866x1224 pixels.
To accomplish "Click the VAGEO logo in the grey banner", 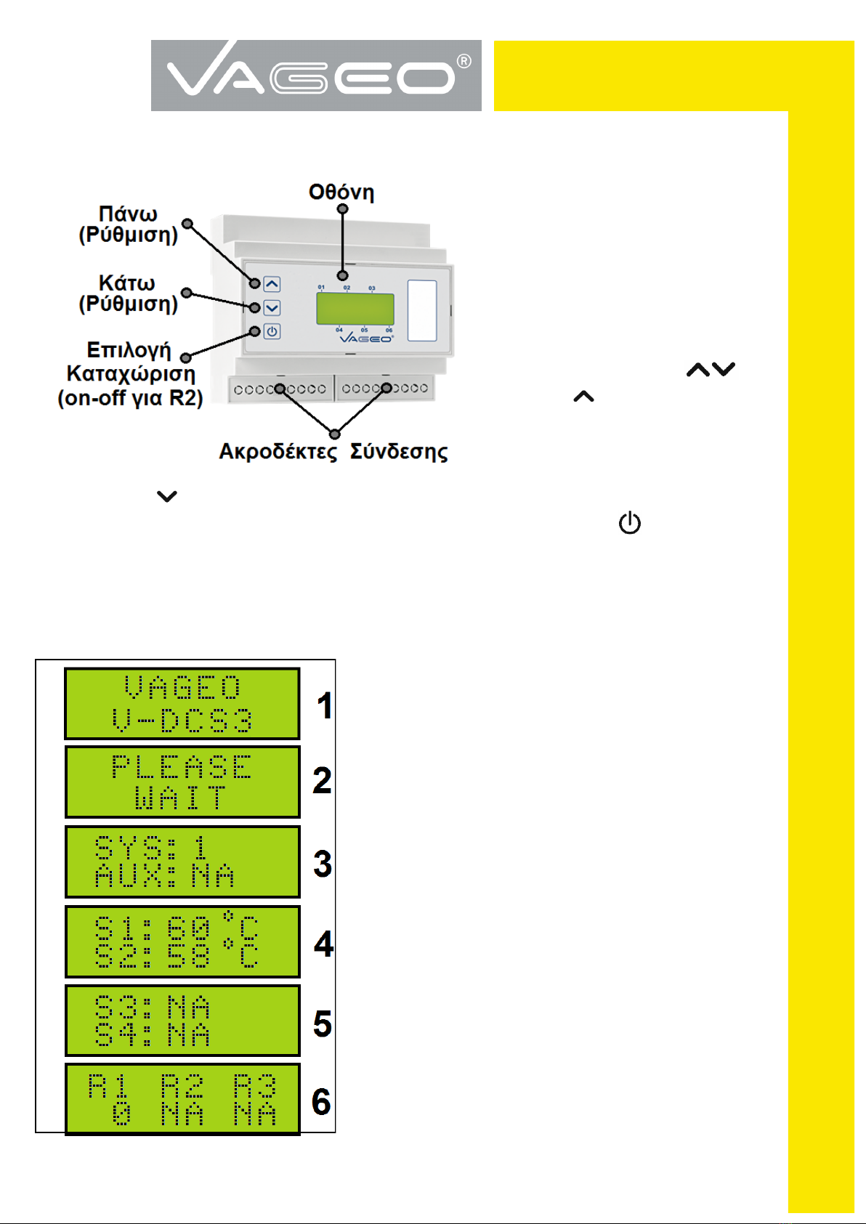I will pos(316,76).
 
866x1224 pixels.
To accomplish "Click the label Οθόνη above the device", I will pos(341,192).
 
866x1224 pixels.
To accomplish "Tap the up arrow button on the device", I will pos(272,284).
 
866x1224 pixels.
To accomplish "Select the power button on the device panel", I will pos(272,332).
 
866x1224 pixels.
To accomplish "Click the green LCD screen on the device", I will pos(355,309).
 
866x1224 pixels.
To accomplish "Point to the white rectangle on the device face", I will pos(422,310).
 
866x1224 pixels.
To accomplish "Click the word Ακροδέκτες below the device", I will pos(278,452).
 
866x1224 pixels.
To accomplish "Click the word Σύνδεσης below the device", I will pos(399,452).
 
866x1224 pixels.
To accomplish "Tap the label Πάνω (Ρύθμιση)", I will pos(129,224).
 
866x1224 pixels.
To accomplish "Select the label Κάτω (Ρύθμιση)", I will pos(129,293).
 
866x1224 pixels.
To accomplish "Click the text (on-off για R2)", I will pos(131,398).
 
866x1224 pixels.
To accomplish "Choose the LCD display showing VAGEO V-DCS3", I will pos(182,704).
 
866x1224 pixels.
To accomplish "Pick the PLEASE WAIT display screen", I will pos(182,782).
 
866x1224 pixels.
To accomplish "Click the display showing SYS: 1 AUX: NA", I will pos(182,862).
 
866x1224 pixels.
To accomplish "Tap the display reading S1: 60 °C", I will pos(182,941).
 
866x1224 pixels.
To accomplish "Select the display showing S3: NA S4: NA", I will pos(182,1021).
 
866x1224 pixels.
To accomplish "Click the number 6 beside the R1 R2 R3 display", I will pos(321,1102).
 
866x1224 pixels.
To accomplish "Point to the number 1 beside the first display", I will pos(325,706).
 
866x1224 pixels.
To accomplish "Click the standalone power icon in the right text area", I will pos(629,523).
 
